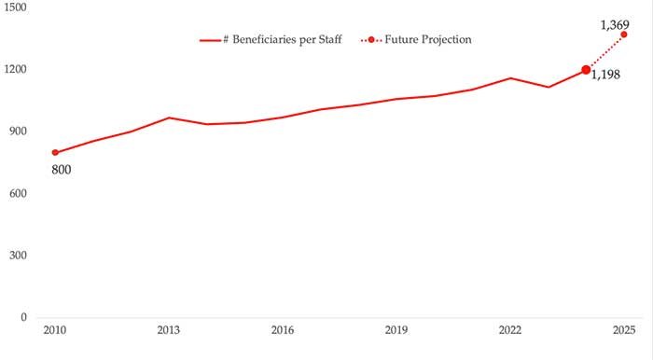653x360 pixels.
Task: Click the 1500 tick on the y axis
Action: (14, 7)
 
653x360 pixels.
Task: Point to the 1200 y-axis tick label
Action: (14, 70)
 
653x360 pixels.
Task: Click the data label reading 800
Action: (62, 170)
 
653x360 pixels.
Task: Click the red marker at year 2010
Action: (55, 152)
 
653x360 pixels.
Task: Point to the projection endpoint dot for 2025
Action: (624, 35)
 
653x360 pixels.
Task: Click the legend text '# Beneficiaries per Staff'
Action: (282, 39)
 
